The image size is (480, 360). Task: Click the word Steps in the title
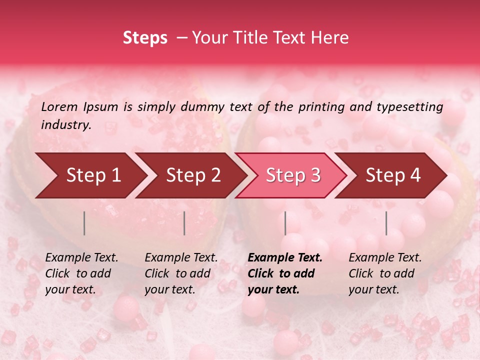[145, 37]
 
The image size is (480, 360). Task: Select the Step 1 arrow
[90, 175]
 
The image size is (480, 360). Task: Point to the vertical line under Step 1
[84, 223]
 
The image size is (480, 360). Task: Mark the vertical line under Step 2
[184, 223]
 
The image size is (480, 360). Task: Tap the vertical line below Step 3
[285, 223]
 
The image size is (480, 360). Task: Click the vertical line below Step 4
[386, 223]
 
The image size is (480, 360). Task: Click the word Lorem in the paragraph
[59, 106]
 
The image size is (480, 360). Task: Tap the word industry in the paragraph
[65, 124]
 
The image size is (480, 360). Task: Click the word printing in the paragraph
[318, 106]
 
